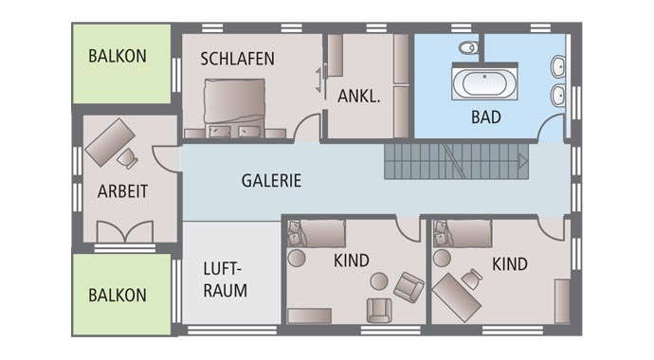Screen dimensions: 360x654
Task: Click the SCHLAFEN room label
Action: [237, 59]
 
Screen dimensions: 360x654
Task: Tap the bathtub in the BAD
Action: [484, 82]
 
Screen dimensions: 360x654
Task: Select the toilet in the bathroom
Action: [468, 47]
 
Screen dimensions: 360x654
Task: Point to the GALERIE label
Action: [271, 180]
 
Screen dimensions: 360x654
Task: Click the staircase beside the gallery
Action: [454, 162]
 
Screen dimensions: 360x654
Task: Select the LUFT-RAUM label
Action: [225, 279]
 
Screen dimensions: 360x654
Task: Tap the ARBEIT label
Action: [122, 191]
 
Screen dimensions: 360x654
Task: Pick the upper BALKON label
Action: [118, 56]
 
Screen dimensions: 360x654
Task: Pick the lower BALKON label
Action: [118, 296]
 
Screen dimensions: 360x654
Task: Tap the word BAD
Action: [485, 118]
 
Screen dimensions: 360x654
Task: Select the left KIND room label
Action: [351, 261]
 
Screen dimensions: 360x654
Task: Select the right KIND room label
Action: [509, 264]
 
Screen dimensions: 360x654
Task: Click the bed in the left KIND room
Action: [317, 233]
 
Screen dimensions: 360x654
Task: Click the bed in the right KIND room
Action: [463, 233]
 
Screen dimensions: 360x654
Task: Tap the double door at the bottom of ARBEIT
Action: [124, 232]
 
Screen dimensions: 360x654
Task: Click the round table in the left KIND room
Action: [378, 280]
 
